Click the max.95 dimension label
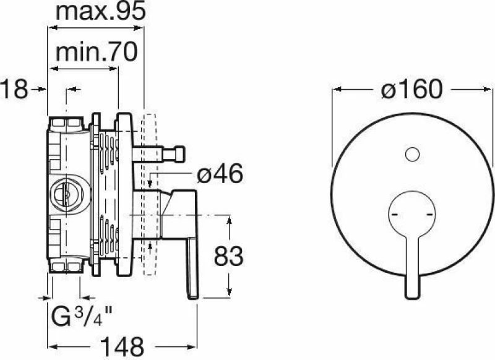tap(100, 12)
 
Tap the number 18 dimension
tap(14, 89)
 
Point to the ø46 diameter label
tap(220, 174)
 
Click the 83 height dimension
tap(228, 256)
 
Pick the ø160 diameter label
tap(412, 89)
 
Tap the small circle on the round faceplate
tap(412, 155)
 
